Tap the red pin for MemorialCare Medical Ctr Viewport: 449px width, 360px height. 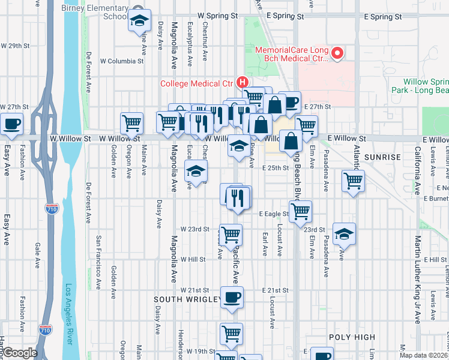[x=337, y=54]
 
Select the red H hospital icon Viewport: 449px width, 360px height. [x=243, y=82]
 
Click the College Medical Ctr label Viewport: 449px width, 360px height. [x=198, y=83]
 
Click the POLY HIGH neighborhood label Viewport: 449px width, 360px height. [x=352, y=338]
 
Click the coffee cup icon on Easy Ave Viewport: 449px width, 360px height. [x=11, y=124]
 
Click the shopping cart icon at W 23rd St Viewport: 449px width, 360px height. [x=231, y=235]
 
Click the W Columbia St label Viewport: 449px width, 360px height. [x=122, y=61]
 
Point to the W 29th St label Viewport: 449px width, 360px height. [x=15, y=46]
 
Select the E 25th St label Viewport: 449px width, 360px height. [x=276, y=168]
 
